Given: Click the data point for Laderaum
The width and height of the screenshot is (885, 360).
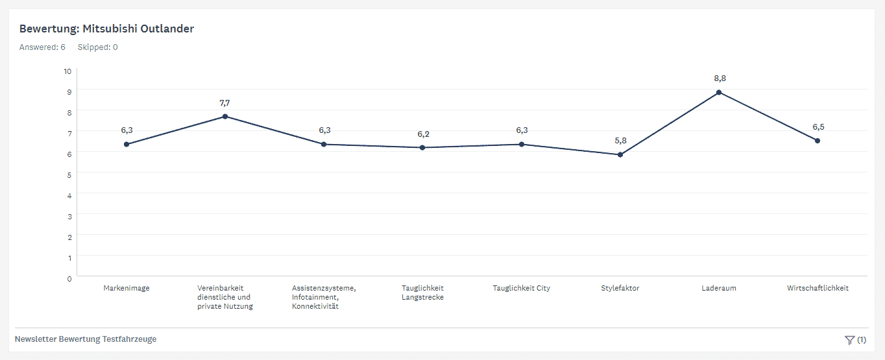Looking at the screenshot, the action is tap(719, 93).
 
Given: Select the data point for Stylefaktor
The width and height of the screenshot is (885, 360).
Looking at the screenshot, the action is tap(620, 155).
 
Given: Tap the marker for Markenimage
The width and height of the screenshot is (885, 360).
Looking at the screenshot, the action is tap(127, 144).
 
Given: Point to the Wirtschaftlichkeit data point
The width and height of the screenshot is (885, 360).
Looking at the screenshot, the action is tap(818, 141).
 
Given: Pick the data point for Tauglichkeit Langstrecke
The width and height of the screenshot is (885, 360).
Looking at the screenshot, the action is tap(422, 148).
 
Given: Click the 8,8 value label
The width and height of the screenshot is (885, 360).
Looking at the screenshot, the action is tap(720, 78).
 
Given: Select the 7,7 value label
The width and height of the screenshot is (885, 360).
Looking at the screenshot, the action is tap(224, 102).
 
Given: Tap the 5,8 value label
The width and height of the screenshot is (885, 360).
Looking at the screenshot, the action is tap(621, 140).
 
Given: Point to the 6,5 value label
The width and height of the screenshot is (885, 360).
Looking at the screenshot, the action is tap(818, 127).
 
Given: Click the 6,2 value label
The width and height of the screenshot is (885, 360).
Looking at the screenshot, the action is tap(423, 134).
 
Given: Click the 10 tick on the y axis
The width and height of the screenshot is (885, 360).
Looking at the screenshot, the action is tap(67, 71).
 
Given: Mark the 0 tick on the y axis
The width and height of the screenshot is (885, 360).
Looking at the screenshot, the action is tap(69, 279).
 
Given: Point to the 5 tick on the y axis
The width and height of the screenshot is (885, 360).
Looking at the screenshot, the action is tap(69, 175).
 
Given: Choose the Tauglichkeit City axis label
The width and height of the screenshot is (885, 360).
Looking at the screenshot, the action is tap(521, 288).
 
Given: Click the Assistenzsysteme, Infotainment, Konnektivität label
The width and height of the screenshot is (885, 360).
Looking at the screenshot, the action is tap(324, 297).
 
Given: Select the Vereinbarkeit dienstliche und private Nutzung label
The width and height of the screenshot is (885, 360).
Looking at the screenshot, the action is tap(224, 297).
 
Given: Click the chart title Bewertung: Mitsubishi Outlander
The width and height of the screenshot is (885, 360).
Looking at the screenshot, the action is tap(106, 29).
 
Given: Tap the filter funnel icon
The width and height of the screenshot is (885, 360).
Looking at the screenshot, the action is tap(849, 340).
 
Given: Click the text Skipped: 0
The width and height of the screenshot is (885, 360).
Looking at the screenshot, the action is tap(97, 47).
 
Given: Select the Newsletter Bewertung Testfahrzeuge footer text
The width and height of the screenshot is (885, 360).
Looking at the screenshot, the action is tap(86, 339).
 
